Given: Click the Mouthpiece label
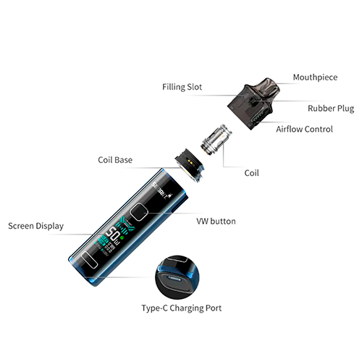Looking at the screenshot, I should click(x=314, y=77).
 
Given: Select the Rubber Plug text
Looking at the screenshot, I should click(x=330, y=109).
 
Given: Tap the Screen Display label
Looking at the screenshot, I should click(x=35, y=226).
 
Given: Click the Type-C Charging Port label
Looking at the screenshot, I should click(x=181, y=308).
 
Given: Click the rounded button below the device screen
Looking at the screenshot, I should click(x=89, y=261).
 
